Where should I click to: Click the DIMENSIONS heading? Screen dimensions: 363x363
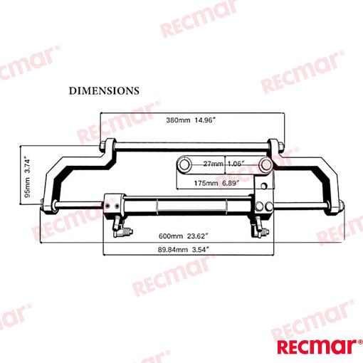coord(104,91)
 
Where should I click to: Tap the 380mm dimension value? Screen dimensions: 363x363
coord(178,120)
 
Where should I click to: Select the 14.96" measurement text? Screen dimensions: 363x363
coord(205,120)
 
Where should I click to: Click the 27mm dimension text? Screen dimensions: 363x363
coord(214,164)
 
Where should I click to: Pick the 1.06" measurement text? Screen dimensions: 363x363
coord(236,164)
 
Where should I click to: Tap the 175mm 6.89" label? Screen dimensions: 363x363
coord(216,183)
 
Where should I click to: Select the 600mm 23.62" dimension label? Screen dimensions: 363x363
coord(183,236)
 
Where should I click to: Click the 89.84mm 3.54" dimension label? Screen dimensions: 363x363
coord(184,250)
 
